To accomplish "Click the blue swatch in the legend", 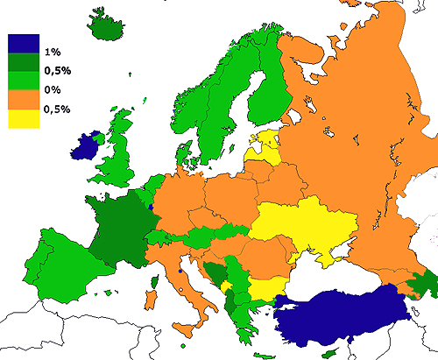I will [x=24, y=46].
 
